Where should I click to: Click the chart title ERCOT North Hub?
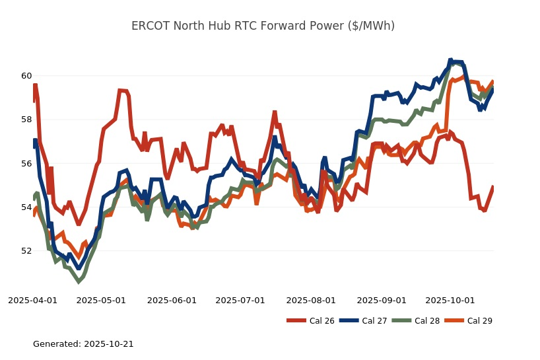coord(263,26)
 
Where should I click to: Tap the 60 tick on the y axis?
coord(26,75)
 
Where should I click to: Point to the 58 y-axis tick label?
coord(26,120)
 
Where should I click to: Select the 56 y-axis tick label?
coord(26,163)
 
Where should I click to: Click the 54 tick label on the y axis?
coord(26,207)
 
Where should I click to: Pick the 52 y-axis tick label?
coord(26,251)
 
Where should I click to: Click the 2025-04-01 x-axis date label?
coord(32,300)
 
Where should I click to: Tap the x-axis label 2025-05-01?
coord(101,300)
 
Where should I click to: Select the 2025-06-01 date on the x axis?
coord(172,300)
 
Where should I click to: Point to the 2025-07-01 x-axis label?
coord(240,300)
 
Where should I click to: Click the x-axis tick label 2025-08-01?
coord(311,300)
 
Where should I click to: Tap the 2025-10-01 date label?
coord(450,300)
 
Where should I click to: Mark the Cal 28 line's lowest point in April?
coord(79,281)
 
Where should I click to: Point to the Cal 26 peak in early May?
coord(120,90)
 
